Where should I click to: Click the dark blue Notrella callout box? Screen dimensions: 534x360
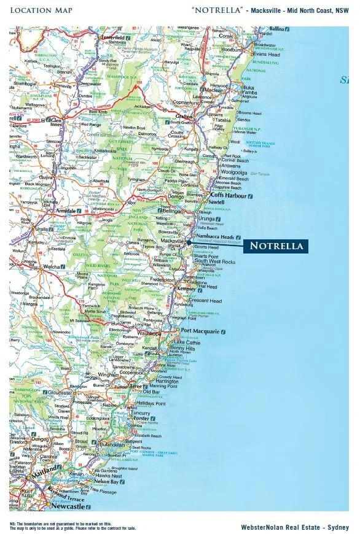tap(276, 246)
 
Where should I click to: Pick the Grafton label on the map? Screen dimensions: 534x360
tap(184, 116)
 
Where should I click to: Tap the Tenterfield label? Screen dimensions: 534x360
tap(112, 38)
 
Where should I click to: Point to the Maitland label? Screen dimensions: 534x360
tap(46, 470)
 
